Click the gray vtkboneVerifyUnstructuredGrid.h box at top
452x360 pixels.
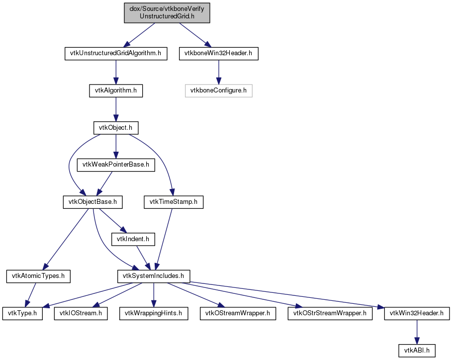pyautogui.click(x=167, y=13)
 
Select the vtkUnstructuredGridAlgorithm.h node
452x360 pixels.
pyautogui.click(x=116, y=54)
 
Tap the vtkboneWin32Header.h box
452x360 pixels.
pyautogui.click(x=218, y=54)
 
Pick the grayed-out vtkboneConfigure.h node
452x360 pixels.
pyautogui.click(x=218, y=91)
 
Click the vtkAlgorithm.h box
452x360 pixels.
pyautogui.click(x=116, y=91)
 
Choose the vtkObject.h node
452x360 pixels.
pyautogui.click(x=116, y=128)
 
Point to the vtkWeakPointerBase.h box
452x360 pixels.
pyautogui.click(x=116, y=165)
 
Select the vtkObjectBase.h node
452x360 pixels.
pyautogui.click(x=93, y=202)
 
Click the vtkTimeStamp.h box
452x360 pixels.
pyautogui.click(x=174, y=202)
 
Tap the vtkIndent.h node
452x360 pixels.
pyautogui.click(x=133, y=239)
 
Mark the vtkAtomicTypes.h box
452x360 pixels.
pyautogui.click(x=38, y=276)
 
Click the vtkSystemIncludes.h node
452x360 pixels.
pyautogui.click(x=154, y=276)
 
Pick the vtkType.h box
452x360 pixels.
pyautogui.click(x=22, y=314)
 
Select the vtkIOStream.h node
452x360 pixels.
pyautogui.click(x=81, y=314)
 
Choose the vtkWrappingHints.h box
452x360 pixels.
pyautogui.click(x=154, y=314)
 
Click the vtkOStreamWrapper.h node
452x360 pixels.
pyautogui.click(x=238, y=314)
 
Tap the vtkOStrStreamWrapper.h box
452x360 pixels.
pyautogui.click(x=330, y=314)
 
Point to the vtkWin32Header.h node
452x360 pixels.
pyautogui.click(x=417, y=314)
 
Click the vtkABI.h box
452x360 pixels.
pyautogui.click(x=417, y=351)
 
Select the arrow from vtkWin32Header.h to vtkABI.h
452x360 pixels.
pyautogui.click(x=417, y=332)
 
